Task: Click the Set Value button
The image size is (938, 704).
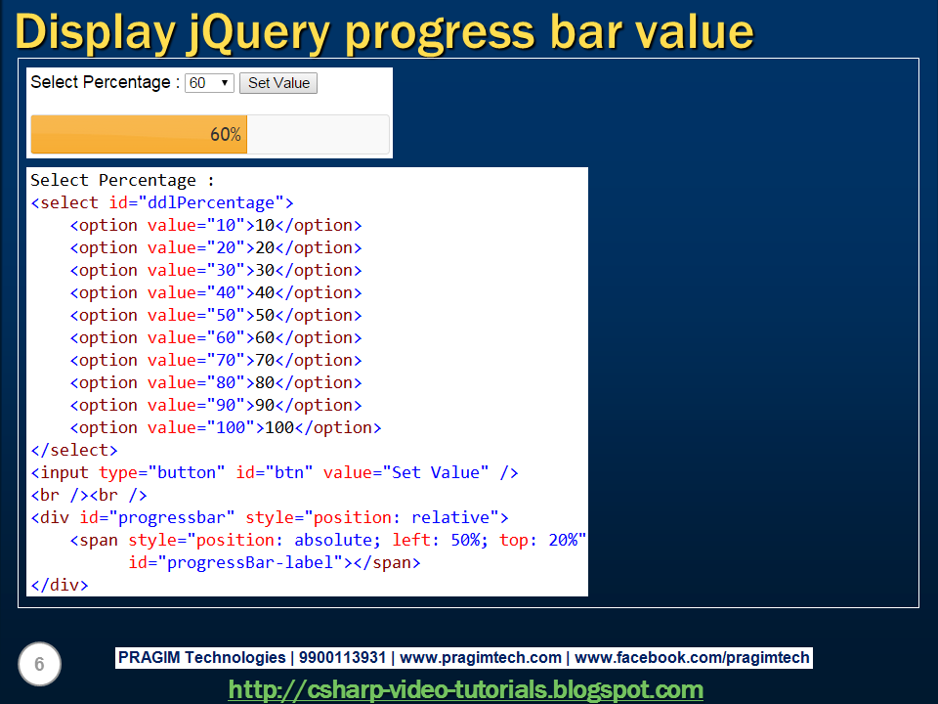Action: (x=278, y=83)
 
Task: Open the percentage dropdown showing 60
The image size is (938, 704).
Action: (x=209, y=83)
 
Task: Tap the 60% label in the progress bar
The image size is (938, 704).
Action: (x=225, y=135)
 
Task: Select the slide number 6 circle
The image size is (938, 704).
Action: (x=39, y=665)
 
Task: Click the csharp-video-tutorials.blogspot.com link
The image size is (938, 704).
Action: (x=466, y=689)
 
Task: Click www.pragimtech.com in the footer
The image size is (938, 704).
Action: (x=481, y=658)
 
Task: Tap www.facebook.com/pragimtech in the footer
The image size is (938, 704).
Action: (x=692, y=658)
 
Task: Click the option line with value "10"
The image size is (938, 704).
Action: (x=215, y=226)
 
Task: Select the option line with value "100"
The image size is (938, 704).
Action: (x=225, y=428)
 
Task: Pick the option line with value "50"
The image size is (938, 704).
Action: (x=215, y=316)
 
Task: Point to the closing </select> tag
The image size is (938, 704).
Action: (x=74, y=451)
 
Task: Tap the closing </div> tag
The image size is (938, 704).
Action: (x=60, y=586)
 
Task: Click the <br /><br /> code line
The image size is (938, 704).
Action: (x=89, y=496)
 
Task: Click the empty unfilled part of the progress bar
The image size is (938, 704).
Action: (x=318, y=135)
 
